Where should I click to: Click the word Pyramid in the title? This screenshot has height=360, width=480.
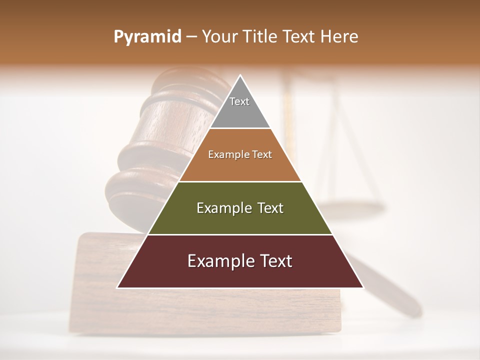147,37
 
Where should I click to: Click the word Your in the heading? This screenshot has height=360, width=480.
220,36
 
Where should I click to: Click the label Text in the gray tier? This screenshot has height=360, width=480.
239,101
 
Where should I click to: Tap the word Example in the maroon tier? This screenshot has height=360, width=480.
216,261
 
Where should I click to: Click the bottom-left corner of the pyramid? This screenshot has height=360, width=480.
118,287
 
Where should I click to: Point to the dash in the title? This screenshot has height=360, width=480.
191,37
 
